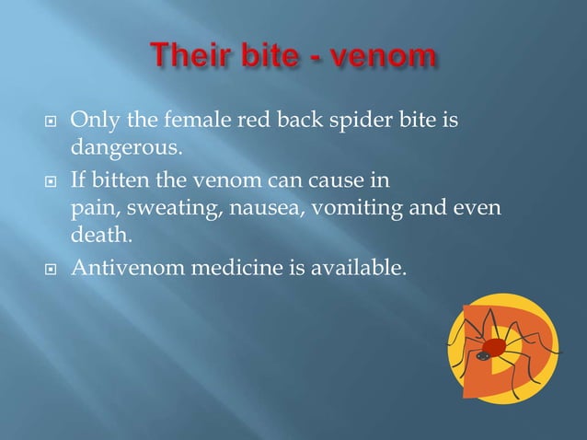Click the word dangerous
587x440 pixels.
pyautogui.click(x=117, y=145)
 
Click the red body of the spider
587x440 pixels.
pyautogui.click(x=494, y=347)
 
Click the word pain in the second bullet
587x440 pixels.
pyautogui.click(x=90, y=208)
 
